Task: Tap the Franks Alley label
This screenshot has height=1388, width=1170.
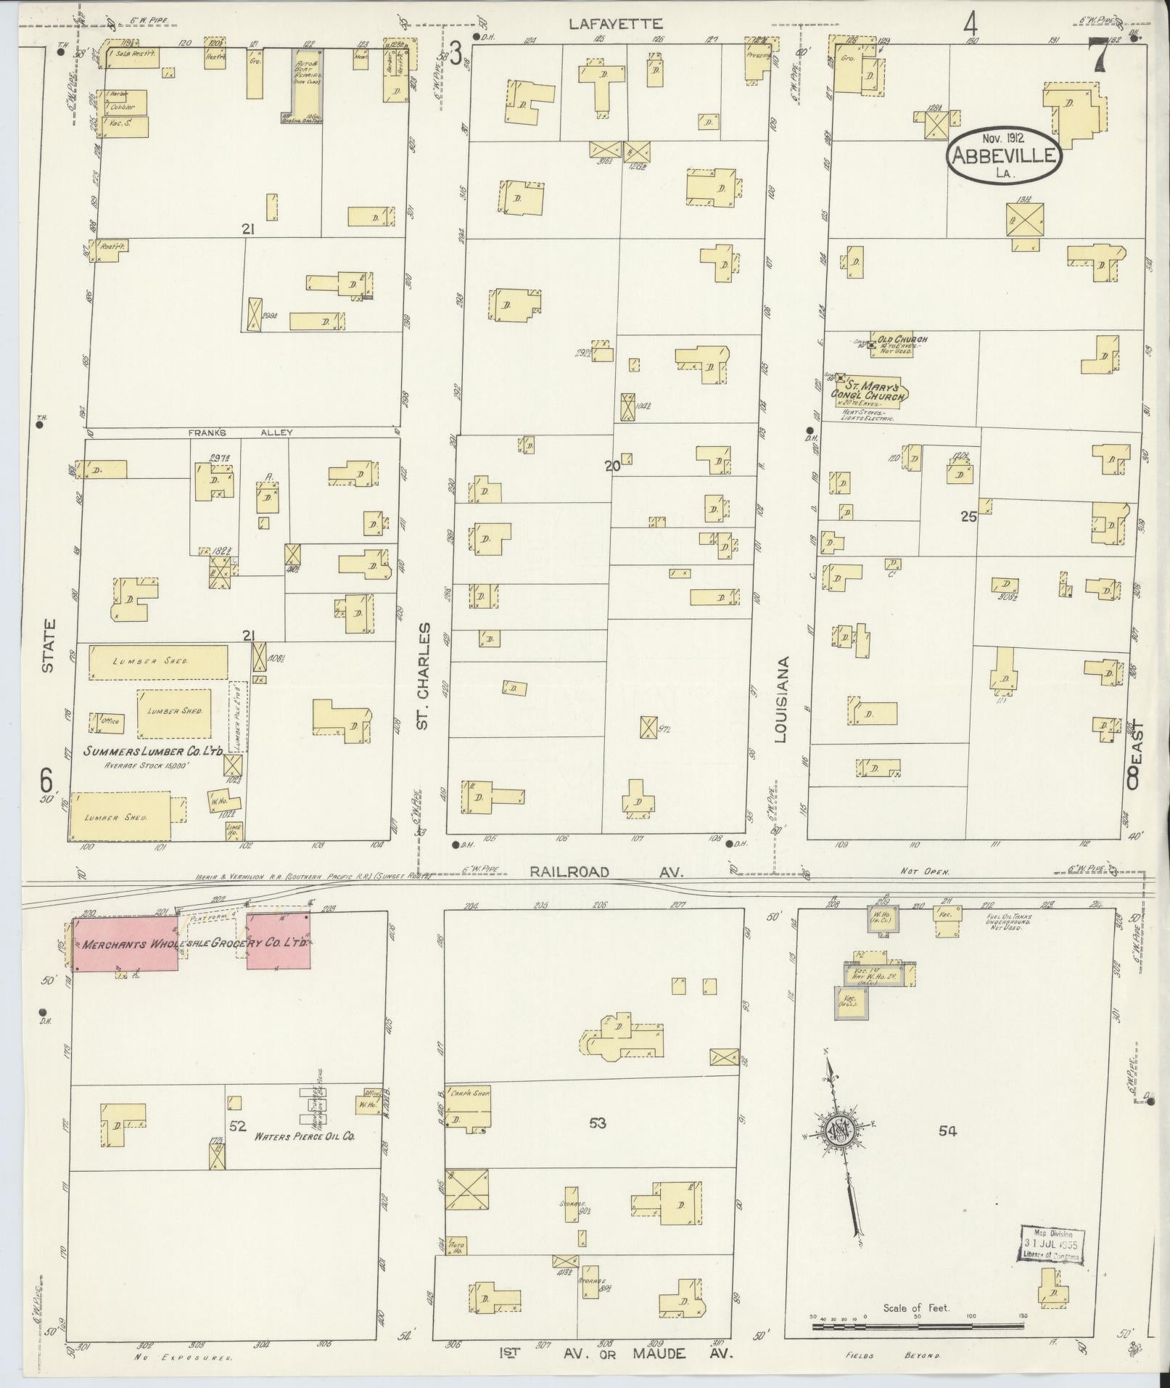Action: (x=240, y=432)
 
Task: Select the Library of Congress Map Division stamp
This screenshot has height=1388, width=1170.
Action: (x=1052, y=1245)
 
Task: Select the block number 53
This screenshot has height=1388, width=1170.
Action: (x=597, y=1123)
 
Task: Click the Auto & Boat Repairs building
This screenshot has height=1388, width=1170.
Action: (x=303, y=84)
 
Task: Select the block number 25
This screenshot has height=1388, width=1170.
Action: (x=968, y=517)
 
